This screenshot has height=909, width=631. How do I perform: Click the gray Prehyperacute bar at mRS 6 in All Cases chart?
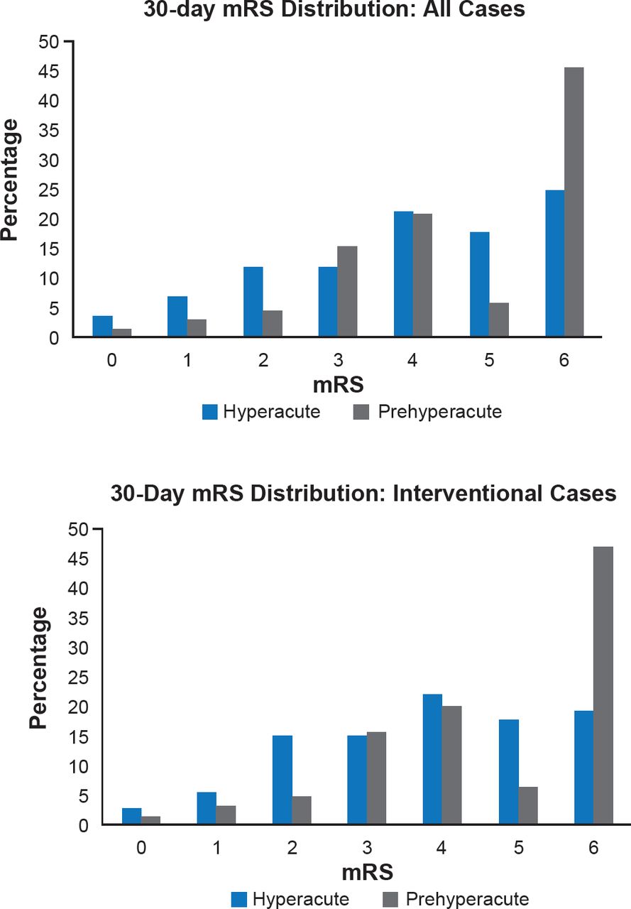tap(574, 202)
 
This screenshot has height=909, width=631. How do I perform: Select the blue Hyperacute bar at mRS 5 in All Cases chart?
tap(480, 285)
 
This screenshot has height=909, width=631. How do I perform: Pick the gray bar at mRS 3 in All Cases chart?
tap(347, 292)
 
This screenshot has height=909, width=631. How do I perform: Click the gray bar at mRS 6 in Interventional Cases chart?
tap(603, 685)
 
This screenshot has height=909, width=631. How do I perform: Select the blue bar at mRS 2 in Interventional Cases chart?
tap(282, 780)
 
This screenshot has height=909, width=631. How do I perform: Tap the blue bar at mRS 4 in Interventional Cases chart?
tap(432, 759)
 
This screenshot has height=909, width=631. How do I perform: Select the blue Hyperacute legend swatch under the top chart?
tap(210, 412)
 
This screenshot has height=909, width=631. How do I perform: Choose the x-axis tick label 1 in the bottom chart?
tap(216, 848)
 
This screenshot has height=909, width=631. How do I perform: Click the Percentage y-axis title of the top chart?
tap(10, 180)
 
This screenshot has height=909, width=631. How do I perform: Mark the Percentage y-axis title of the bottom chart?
tap(40, 668)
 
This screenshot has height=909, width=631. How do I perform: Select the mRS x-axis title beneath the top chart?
tap(339, 386)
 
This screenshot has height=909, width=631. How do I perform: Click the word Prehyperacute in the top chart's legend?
tap(440, 412)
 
